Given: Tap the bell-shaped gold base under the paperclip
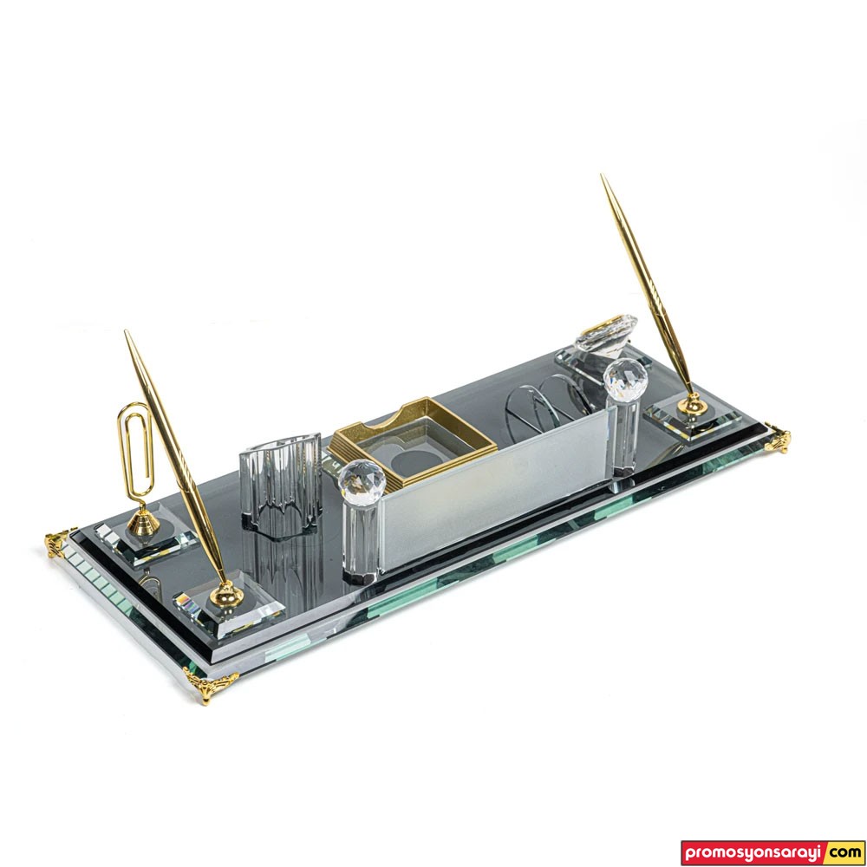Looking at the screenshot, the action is point(143,522).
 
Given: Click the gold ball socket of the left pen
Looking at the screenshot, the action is point(226,595).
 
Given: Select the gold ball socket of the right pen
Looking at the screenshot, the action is point(692,405).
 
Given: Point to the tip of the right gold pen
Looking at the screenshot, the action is point(603,175).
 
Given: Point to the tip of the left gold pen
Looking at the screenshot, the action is point(126,331).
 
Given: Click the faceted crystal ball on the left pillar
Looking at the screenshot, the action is point(362,479).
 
